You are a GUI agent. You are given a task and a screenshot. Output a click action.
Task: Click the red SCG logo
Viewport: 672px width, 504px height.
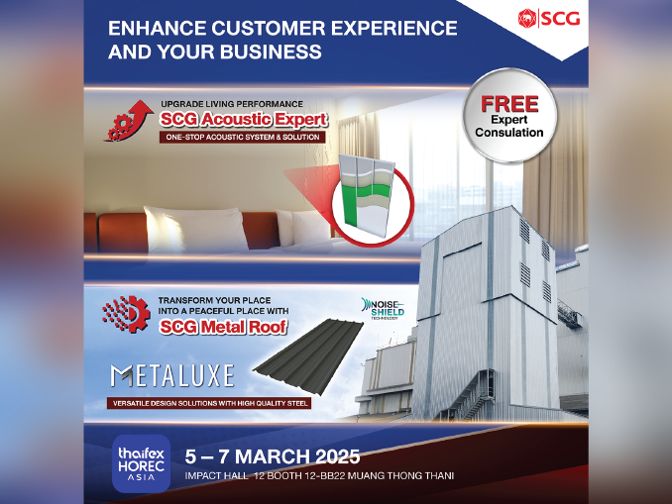549,19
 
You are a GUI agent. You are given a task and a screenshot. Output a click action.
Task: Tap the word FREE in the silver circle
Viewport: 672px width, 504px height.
509,104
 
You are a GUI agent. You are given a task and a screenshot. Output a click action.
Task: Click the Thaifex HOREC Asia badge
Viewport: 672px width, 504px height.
142,463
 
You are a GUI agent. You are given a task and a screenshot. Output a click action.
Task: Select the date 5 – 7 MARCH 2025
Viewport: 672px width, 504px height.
273,456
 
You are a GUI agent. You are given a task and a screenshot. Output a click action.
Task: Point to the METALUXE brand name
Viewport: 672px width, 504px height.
172,375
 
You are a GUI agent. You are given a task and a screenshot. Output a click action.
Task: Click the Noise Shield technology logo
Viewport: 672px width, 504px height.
383,309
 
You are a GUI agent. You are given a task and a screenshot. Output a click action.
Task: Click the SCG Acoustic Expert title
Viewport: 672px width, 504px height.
244,120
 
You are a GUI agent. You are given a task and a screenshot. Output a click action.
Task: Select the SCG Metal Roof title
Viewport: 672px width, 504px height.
223,328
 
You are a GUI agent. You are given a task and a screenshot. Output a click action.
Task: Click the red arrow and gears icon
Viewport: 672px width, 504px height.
129,121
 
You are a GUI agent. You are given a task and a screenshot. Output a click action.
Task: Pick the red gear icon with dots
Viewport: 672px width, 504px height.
126,314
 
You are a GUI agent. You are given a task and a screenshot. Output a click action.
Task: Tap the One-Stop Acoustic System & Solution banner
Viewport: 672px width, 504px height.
243,138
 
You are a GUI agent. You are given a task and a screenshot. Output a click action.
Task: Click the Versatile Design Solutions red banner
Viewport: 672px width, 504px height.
210,403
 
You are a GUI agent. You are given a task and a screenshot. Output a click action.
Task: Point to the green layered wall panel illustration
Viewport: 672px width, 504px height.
367,192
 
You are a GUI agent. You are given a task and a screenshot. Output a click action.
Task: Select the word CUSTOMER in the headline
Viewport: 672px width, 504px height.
269,29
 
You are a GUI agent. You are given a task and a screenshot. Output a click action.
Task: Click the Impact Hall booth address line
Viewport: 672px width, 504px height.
319,475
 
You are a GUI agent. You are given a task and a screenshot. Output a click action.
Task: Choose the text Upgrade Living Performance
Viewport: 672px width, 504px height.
232,104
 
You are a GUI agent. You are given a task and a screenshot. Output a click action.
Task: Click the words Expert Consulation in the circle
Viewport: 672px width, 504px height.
509,127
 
